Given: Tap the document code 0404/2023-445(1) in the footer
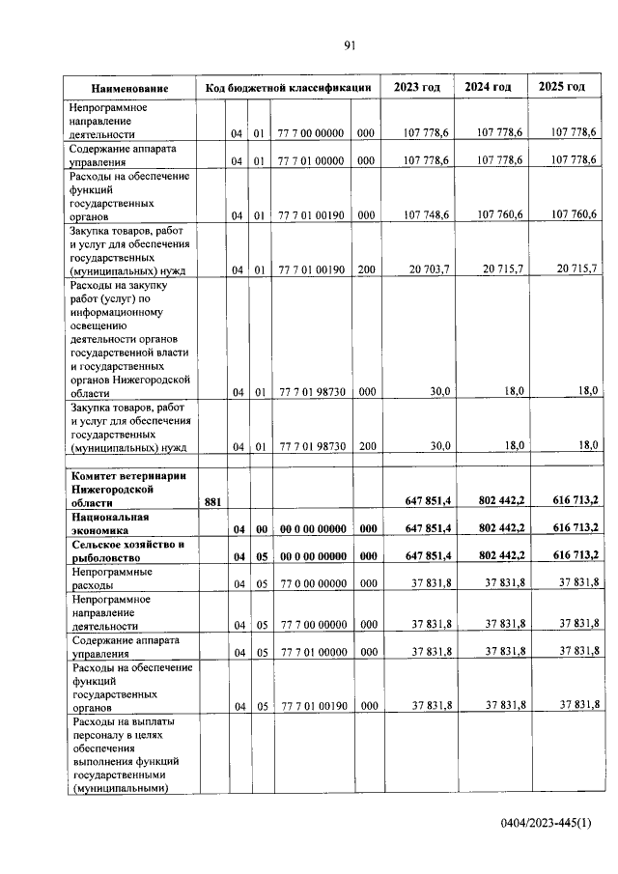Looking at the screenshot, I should coord(546,822).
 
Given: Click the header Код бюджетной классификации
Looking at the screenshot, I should coord(288,88).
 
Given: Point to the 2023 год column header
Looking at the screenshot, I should coord(416,87).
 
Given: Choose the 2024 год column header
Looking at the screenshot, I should coord(489,87).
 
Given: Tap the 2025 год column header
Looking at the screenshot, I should coord(562,87).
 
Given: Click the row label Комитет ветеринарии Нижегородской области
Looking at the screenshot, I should coord(127,489).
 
